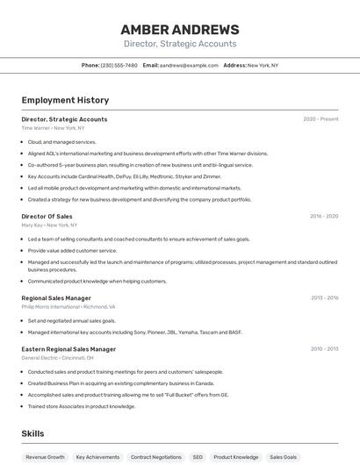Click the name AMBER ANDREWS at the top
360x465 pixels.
[x=179, y=29]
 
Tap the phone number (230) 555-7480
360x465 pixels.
[x=119, y=65]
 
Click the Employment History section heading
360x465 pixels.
[x=65, y=100]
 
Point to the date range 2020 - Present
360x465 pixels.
[x=320, y=119]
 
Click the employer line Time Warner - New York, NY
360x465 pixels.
[x=55, y=128]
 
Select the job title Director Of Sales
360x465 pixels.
[x=47, y=216]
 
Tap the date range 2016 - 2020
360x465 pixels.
[x=323, y=216]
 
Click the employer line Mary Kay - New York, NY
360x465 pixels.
[x=49, y=225]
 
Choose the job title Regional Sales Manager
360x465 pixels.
[x=56, y=298]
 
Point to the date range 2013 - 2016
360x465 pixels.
[x=324, y=298]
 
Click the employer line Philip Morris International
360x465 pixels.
[x=68, y=307]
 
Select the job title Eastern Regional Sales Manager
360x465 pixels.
[x=68, y=349]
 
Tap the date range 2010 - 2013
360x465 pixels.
[x=324, y=349]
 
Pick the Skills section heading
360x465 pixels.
[x=32, y=433]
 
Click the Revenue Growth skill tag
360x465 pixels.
[x=45, y=457]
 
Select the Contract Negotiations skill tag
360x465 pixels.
[x=156, y=457]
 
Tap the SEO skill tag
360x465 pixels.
[x=198, y=457]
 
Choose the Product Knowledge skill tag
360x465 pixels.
[x=236, y=457]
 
